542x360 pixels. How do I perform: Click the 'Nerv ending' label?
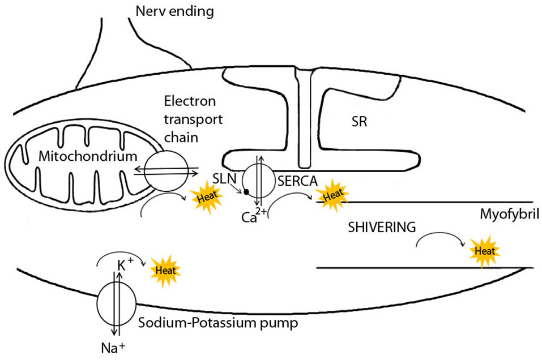tap(174, 11)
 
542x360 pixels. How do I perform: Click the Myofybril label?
tap(506, 216)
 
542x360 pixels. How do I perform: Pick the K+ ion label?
tap(125, 265)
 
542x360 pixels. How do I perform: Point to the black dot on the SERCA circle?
tap(247, 192)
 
